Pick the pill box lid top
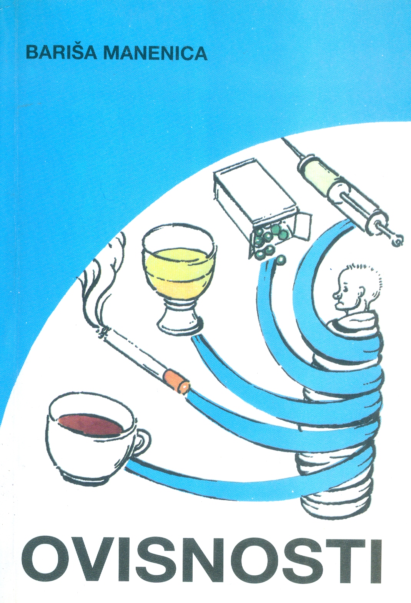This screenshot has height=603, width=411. coord(255,183)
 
